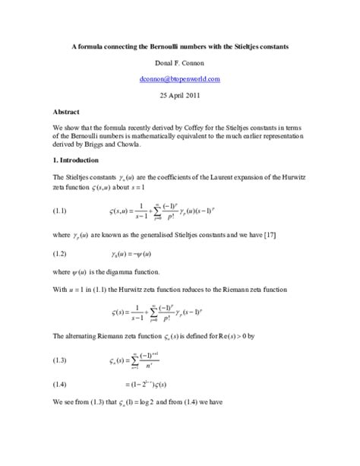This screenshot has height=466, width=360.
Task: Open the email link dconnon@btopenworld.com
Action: coord(179,78)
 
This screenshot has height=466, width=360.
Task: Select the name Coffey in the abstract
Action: coord(205,126)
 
